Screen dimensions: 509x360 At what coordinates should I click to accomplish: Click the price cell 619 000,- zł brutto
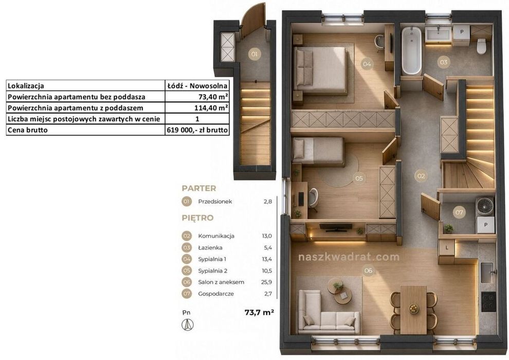tap(197, 130)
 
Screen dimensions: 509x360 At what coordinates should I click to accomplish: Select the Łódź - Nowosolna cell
tap(197, 86)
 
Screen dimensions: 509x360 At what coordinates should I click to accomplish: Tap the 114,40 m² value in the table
tap(213, 108)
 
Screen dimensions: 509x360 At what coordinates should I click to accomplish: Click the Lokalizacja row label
tap(26, 86)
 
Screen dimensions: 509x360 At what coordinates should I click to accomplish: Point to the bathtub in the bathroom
tap(411, 50)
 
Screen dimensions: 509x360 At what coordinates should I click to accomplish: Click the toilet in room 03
tap(481, 46)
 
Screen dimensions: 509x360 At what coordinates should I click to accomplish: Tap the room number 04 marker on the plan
tap(367, 64)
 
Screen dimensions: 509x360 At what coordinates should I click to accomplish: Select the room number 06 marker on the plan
tap(368, 271)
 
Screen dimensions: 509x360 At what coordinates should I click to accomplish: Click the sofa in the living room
tap(329, 313)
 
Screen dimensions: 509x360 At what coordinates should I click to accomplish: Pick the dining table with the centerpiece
tap(413, 310)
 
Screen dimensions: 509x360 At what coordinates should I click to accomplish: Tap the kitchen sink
tap(487, 273)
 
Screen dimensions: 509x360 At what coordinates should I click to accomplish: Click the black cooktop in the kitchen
tap(488, 301)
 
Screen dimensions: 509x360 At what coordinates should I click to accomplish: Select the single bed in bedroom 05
tap(318, 151)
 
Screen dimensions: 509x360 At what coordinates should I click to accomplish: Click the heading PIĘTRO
tap(197, 218)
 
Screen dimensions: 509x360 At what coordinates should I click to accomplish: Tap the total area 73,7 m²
tap(259, 312)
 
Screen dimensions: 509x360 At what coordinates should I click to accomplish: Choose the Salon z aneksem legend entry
tap(221, 282)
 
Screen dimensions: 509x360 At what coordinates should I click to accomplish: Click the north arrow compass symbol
tap(187, 325)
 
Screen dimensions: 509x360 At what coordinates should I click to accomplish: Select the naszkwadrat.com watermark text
tap(349, 257)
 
